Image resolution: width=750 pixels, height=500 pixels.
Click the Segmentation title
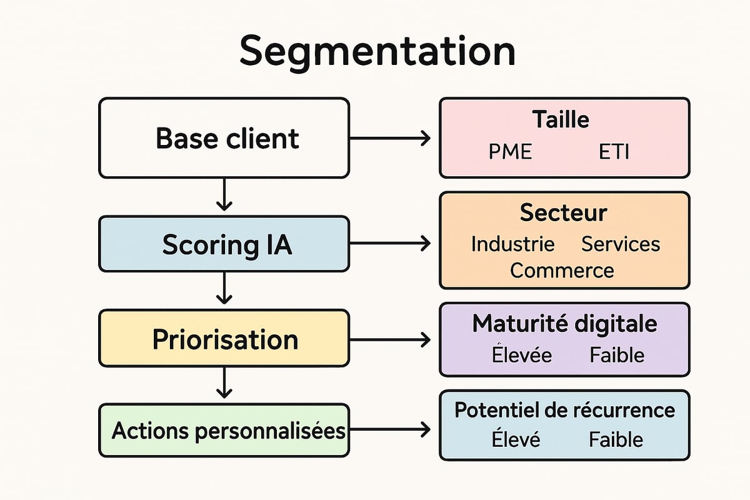377,51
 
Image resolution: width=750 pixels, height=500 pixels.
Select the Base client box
224,138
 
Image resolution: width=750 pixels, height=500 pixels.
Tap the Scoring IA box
224,244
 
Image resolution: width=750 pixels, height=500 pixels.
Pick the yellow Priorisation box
224,339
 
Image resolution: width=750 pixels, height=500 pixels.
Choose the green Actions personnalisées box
224,431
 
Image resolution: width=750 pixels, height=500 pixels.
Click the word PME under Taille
511,152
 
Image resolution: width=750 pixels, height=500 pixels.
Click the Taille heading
561,119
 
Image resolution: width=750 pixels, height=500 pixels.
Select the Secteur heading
563,213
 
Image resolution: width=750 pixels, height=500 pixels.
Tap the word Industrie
512,244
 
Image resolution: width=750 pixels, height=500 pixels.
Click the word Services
620,244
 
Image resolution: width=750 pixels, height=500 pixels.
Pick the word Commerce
562,271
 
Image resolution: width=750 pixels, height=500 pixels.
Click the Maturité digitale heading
564,324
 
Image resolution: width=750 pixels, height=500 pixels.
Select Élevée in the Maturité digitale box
522,355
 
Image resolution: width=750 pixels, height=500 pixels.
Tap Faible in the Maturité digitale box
616,355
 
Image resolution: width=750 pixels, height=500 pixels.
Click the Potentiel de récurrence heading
564,410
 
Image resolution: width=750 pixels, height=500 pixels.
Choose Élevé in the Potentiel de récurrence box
516,439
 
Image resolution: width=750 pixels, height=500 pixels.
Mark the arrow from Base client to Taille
390,138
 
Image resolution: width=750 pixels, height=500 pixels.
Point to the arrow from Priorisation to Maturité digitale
390,339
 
